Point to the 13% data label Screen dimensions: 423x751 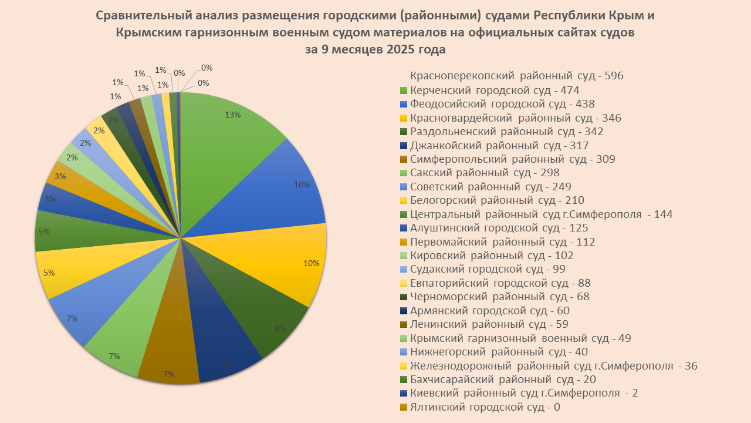[x=233, y=115]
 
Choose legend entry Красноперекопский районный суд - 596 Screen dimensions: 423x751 [x=516, y=76]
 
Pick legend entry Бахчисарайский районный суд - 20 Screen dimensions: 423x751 [x=499, y=380]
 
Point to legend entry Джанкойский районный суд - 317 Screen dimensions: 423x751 [x=499, y=146]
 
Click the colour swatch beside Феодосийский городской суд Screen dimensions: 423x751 [x=403, y=105]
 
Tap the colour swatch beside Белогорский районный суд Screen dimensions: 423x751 [x=403, y=201]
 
